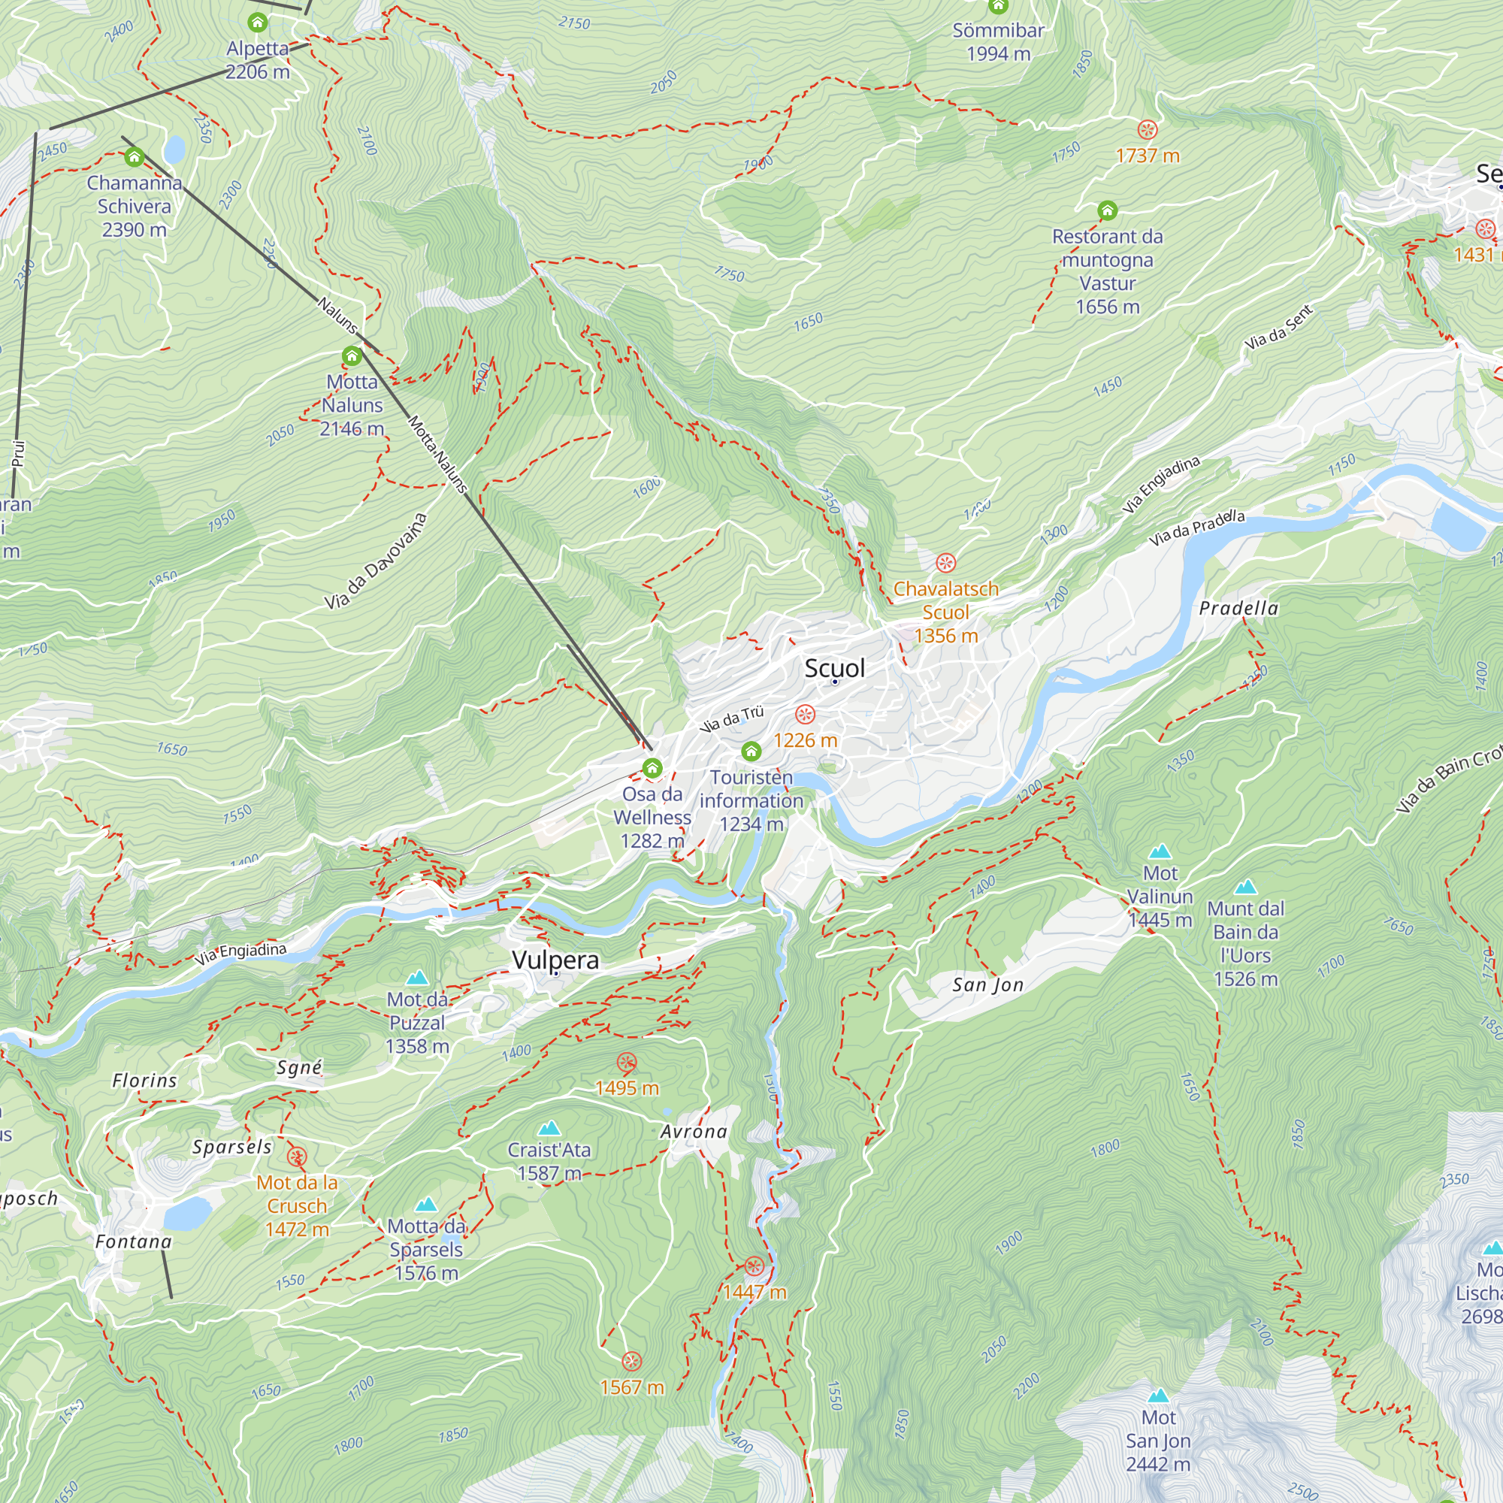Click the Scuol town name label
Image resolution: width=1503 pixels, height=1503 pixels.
pos(834,667)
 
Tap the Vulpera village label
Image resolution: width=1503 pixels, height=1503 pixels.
pos(555,959)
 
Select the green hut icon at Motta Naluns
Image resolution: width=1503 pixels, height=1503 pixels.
pos(352,356)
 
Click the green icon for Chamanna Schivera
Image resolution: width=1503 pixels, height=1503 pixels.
pos(134,158)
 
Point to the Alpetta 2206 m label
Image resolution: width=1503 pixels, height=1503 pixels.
pos(258,60)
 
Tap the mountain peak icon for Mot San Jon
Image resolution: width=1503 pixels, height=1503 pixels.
pos(1158,1396)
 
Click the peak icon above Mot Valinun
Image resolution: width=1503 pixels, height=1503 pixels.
pos(1160,851)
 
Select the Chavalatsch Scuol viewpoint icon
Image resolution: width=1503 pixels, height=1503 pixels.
pos(945,562)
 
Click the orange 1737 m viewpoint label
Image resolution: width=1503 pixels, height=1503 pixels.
pos(1148,156)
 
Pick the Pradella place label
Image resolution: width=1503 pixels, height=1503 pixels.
pos(1238,609)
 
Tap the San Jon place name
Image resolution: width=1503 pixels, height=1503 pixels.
pos(987,985)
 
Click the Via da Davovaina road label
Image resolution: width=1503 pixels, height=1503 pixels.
pos(376,561)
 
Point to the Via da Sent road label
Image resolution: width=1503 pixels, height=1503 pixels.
pos(1278,328)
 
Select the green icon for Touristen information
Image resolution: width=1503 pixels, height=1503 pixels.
pos(751,751)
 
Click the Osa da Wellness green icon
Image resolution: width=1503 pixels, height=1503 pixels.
pos(652,769)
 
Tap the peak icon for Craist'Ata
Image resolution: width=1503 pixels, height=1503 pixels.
pos(549,1128)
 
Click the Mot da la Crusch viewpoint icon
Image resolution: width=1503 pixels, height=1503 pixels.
pos(296,1157)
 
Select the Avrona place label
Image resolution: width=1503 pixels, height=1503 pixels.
pos(694,1132)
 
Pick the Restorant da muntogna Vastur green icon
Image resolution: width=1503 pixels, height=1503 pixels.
pos(1107,210)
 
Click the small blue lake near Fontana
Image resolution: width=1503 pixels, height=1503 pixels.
pos(186,1213)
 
